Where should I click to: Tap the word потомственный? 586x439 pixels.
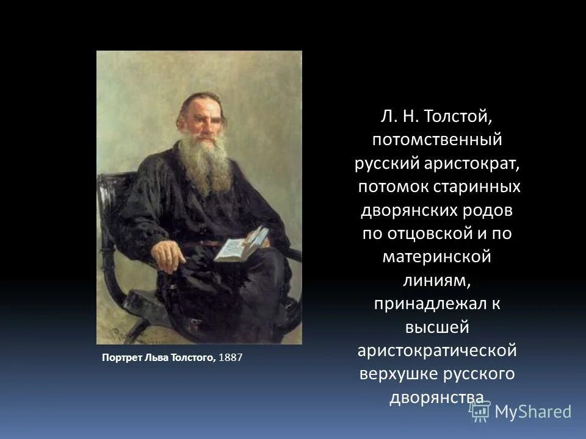click(x=437, y=140)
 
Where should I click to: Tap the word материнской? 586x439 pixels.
click(x=437, y=256)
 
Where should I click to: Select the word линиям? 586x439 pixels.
click(x=437, y=279)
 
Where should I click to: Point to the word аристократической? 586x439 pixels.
click(x=437, y=350)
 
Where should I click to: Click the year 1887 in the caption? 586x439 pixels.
click(x=230, y=358)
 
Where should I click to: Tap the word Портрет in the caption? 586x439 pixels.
click(x=121, y=358)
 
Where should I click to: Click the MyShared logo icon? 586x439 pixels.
click(x=480, y=412)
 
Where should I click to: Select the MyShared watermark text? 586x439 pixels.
click(x=533, y=412)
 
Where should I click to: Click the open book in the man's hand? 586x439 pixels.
click(x=241, y=244)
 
